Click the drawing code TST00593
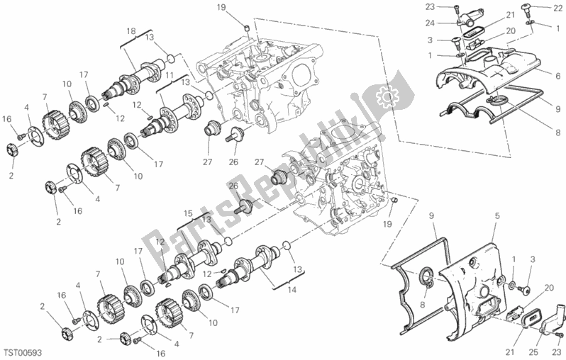point(23,352)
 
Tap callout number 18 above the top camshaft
point(131,31)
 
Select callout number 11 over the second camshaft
point(170,76)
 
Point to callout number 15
point(188,213)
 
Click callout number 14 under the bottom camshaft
point(292,289)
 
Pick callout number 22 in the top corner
point(557,8)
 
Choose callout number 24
point(430,23)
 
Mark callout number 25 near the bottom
point(533,352)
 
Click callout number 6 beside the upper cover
point(558,76)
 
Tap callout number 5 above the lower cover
point(497,216)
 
